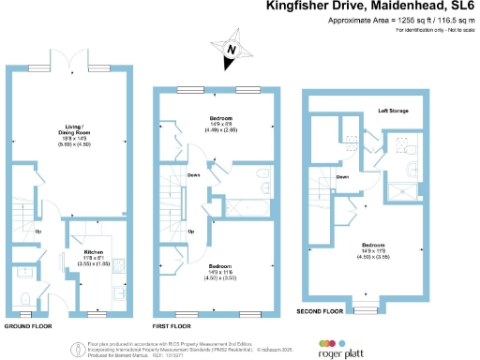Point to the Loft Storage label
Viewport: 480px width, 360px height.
[x=394, y=110]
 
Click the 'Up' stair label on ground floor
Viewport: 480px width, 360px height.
[x=37, y=232]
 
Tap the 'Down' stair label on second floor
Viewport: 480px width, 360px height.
[x=343, y=176]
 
